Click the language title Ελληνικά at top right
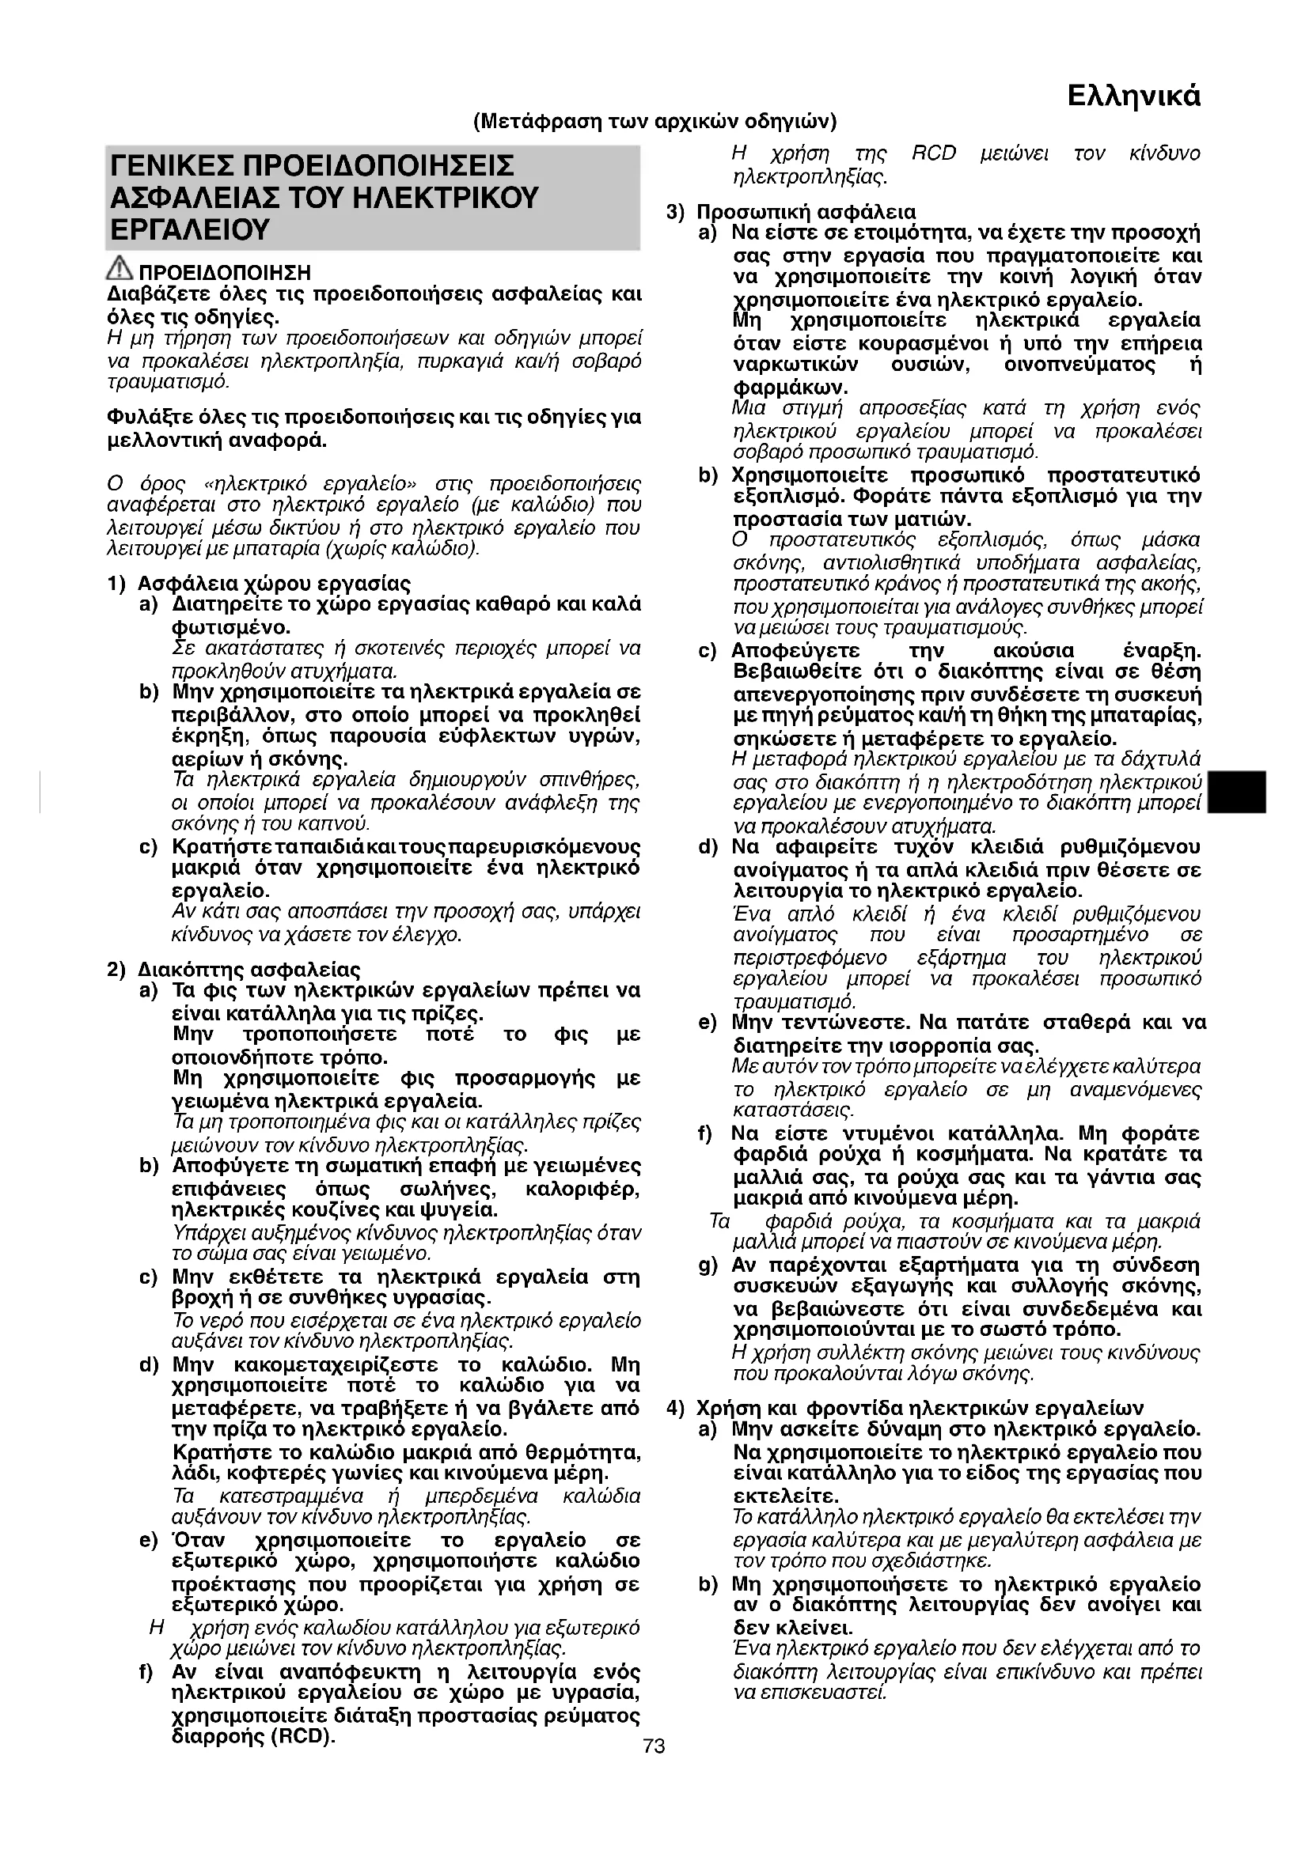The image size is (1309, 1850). pos(1133,96)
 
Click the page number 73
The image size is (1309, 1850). pos(654,1746)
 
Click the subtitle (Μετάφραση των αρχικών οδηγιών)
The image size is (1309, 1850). pos(654,122)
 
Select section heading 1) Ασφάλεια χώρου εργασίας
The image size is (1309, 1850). pos(260,583)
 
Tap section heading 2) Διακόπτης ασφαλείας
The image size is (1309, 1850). pos(233,969)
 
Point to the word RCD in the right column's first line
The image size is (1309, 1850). pos(933,154)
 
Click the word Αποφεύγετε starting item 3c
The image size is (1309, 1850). pos(795,650)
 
